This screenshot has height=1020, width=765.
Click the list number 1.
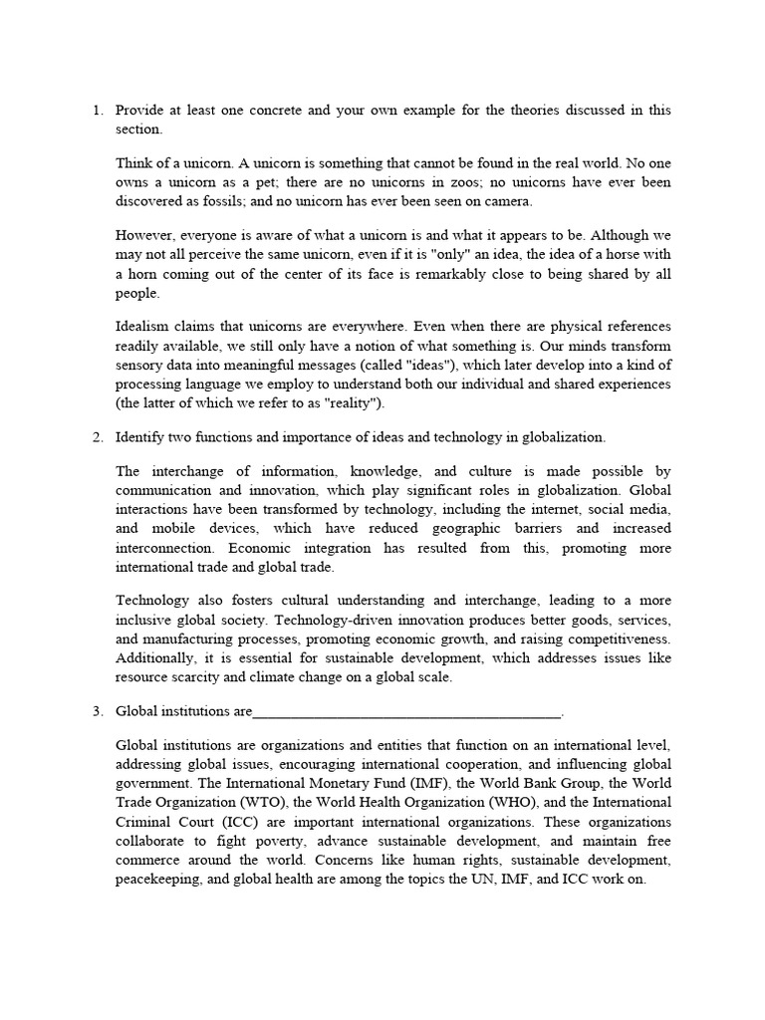96,111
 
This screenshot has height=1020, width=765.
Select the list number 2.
96,437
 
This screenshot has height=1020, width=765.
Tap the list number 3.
96,711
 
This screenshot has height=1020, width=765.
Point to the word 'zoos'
457,182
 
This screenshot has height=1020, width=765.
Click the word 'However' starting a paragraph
145,235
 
